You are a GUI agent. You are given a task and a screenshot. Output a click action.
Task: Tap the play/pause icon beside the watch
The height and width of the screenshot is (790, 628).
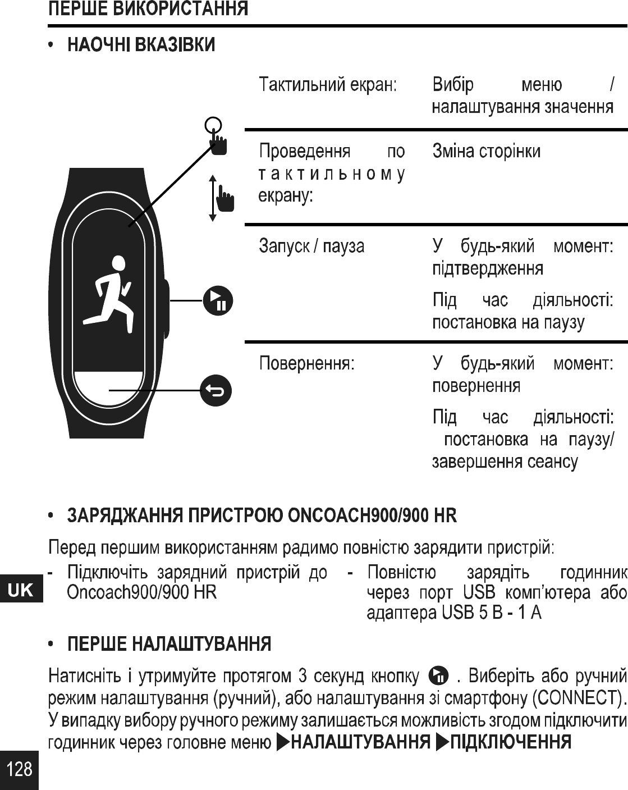(x=217, y=301)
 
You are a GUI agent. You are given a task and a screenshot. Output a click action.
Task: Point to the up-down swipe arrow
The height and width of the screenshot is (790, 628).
(x=213, y=198)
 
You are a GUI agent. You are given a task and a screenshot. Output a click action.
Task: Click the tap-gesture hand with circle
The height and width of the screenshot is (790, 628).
(x=216, y=135)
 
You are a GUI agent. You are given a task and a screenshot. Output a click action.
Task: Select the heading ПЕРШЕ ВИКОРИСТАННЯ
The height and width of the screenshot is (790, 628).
(x=148, y=10)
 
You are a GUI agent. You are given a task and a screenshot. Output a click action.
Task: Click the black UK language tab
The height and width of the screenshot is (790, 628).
(x=21, y=590)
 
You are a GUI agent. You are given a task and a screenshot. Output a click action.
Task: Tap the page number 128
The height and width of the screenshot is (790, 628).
(x=20, y=768)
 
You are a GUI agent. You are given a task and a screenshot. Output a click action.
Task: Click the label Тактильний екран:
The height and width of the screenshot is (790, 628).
(x=328, y=85)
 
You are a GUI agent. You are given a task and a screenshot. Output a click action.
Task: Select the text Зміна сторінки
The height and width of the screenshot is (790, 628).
(x=486, y=152)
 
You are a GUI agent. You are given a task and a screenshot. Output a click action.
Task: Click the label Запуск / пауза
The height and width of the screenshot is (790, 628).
(x=311, y=246)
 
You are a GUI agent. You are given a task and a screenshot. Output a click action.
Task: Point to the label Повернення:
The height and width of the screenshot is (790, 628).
(x=306, y=364)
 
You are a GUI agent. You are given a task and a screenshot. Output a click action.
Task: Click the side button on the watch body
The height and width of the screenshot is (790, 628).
(x=166, y=308)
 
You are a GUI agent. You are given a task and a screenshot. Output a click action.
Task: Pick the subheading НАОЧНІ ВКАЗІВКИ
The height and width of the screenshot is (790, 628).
(x=141, y=44)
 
